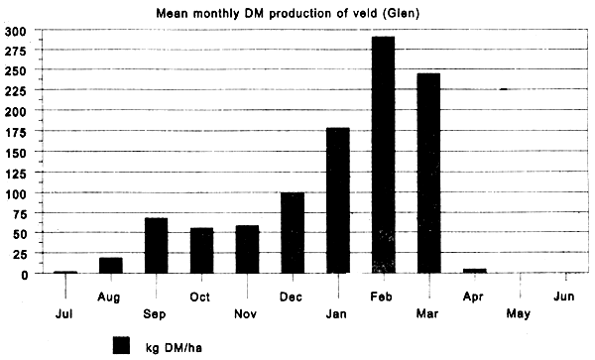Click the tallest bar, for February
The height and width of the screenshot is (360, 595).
[x=383, y=155]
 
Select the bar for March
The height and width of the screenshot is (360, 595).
[x=428, y=174]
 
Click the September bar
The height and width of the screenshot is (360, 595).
[x=156, y=245]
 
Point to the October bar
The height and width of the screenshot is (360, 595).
[x=201, y=250]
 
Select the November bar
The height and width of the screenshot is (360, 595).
[x=247, y=249]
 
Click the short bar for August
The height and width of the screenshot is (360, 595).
[x=111, y=265]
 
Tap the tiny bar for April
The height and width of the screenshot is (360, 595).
[x=474, y=271]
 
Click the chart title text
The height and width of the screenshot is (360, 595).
[x=297, y=13]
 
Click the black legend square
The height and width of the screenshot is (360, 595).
[x=121, y=344]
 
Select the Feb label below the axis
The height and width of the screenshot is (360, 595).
[x=383, y=296]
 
